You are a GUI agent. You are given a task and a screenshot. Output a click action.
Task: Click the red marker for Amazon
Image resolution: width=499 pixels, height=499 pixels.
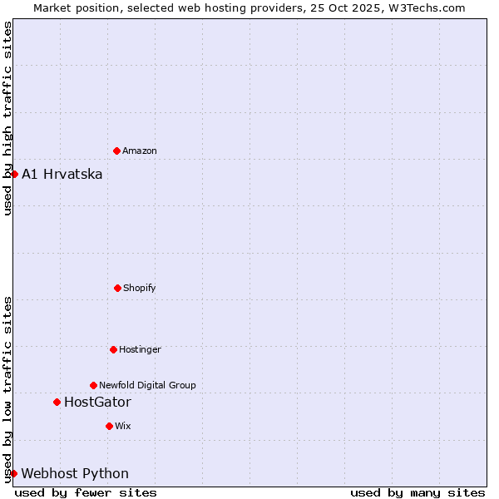116,151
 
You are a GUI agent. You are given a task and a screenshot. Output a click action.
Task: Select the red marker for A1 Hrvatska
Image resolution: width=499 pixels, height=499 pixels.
14,174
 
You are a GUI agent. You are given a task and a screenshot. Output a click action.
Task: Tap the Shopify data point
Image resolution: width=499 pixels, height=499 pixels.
117,288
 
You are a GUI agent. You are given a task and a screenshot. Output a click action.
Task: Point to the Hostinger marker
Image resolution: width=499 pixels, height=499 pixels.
113,349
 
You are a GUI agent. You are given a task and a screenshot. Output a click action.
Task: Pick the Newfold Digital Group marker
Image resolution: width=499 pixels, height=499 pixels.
93,385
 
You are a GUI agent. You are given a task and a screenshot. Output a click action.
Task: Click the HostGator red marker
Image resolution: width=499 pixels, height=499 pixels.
57,402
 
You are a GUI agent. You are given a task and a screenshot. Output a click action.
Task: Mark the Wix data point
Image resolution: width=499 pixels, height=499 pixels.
109,426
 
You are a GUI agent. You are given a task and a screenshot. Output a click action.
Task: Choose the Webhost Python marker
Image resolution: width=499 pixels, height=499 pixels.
13,473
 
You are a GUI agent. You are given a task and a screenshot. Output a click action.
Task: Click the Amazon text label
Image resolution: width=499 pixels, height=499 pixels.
140,151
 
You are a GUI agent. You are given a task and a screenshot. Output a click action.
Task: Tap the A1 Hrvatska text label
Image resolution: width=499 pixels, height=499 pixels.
62,174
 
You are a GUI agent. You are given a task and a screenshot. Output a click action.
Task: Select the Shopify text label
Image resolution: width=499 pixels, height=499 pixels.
140,289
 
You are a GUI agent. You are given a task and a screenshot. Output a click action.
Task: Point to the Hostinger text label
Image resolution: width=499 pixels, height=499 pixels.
140,350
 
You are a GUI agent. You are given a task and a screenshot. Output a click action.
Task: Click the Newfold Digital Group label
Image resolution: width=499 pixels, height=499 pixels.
147,386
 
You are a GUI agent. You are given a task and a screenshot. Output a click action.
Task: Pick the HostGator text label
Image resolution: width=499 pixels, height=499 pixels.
97,403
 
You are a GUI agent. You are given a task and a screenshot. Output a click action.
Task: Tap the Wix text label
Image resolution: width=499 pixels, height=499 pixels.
123,427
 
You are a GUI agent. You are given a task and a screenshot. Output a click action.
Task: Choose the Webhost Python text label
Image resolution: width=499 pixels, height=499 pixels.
75,474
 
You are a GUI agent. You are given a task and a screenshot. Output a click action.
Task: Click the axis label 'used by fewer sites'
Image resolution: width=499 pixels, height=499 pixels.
86,492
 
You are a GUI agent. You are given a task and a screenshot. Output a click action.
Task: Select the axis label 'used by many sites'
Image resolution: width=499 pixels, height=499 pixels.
417,492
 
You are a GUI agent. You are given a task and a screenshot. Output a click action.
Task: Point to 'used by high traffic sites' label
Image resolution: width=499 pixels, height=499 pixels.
7,118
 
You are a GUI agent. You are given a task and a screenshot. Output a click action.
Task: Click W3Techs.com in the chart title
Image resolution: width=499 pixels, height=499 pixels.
424,7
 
